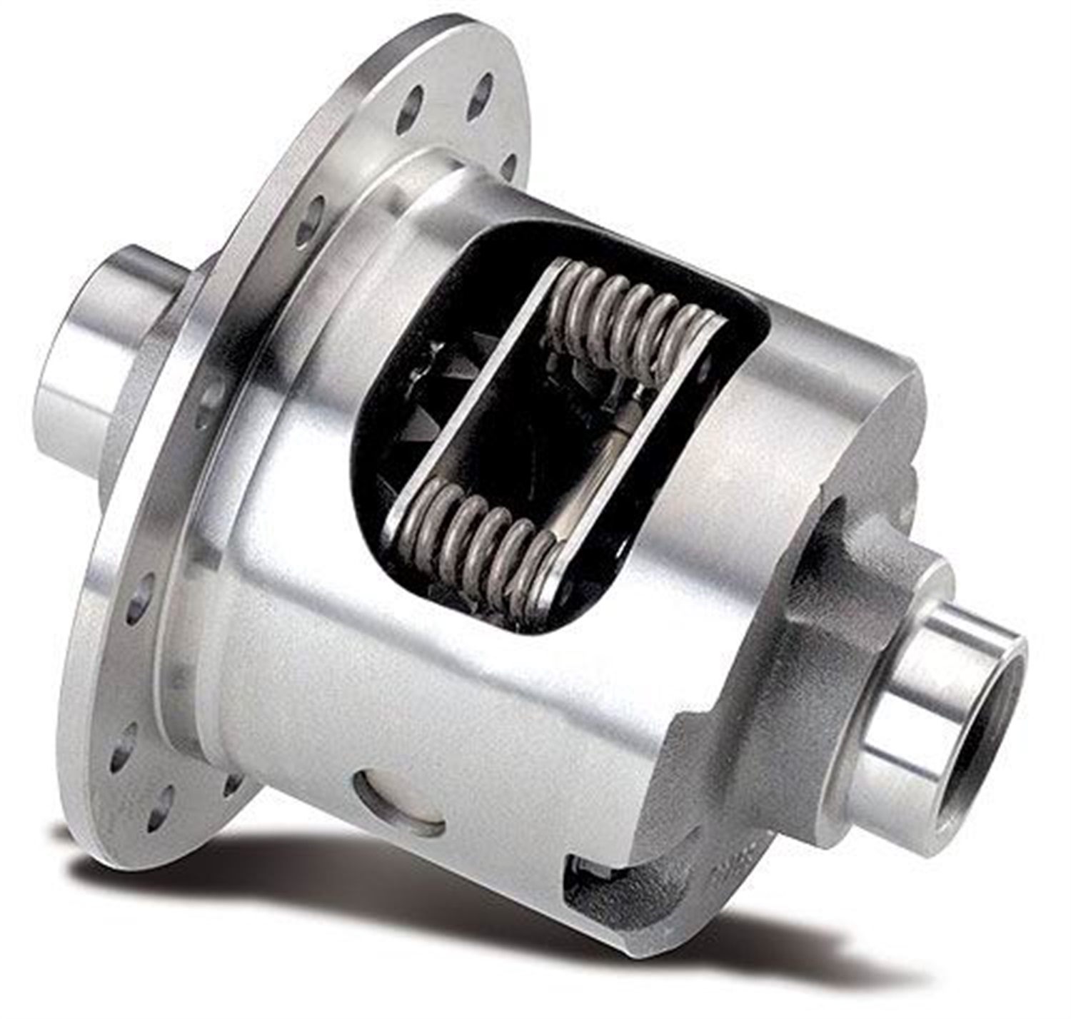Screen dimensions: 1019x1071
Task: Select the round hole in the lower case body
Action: (x=400, y=803)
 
